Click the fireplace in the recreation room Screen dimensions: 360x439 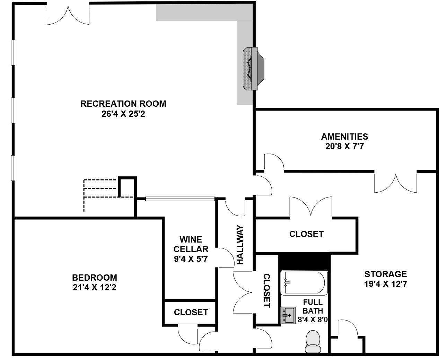(254, 69)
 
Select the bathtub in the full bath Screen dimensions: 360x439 (304, 283)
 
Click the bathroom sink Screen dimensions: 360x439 (288, 315)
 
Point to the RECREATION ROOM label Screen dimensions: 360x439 (123, 104)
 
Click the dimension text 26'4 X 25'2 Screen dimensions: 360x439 (123, 114)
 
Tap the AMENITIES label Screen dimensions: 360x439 (344, 137)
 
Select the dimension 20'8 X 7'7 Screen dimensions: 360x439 (344, 146)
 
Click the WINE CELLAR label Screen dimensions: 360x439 (191, 244)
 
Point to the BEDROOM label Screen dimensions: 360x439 (95, 278)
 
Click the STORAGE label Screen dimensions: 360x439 (385, 274)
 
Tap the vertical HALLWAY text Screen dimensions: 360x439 (240, 245)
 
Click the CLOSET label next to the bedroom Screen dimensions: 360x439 (191, 312)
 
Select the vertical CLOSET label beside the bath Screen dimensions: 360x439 (266, 290)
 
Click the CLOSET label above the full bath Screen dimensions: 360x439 (306, 234)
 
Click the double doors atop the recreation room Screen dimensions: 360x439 (68, 15)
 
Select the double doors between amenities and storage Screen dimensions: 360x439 (395, 183)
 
